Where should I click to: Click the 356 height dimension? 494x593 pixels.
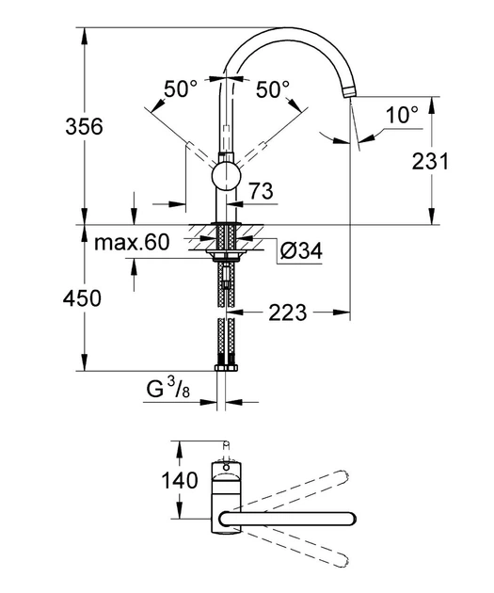[84, 126]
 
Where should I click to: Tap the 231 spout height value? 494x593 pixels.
[430, 161]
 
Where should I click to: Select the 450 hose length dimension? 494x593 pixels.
[83, 298]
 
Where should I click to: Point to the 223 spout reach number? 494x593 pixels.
[288, 313]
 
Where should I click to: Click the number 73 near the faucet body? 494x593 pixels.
[262, 191]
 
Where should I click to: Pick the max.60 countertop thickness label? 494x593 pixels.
[132, 243]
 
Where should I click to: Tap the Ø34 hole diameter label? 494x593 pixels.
[301, 250]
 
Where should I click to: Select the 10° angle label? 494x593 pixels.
[402, 115]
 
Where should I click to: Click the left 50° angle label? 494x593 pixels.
[181, 89]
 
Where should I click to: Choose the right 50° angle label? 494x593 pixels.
[273, 89]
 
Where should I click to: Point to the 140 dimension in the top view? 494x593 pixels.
[180, 481]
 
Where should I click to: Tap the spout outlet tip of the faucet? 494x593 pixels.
[350, 92]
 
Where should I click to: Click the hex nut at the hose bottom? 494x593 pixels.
[226, 368]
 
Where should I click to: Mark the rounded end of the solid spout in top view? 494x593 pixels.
[350, 519]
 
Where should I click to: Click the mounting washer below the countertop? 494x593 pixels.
[226, 252]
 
